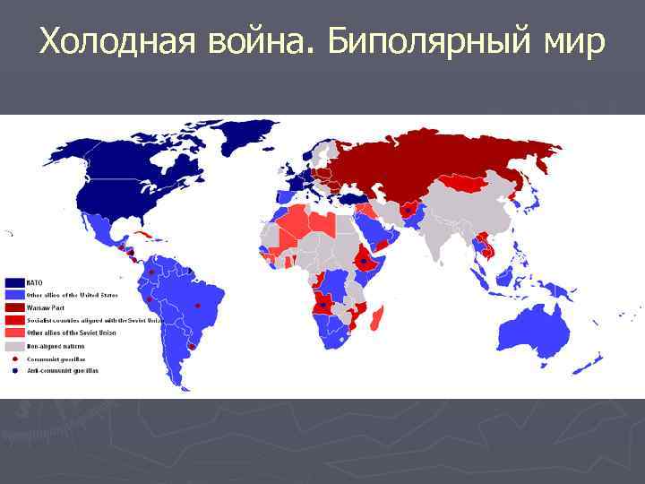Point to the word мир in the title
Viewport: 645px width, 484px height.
(569, 41)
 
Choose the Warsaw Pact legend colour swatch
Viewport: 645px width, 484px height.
(14, 307)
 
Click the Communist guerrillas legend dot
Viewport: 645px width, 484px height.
(14, 358)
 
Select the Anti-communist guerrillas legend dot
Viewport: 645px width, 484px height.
(14, 369)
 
